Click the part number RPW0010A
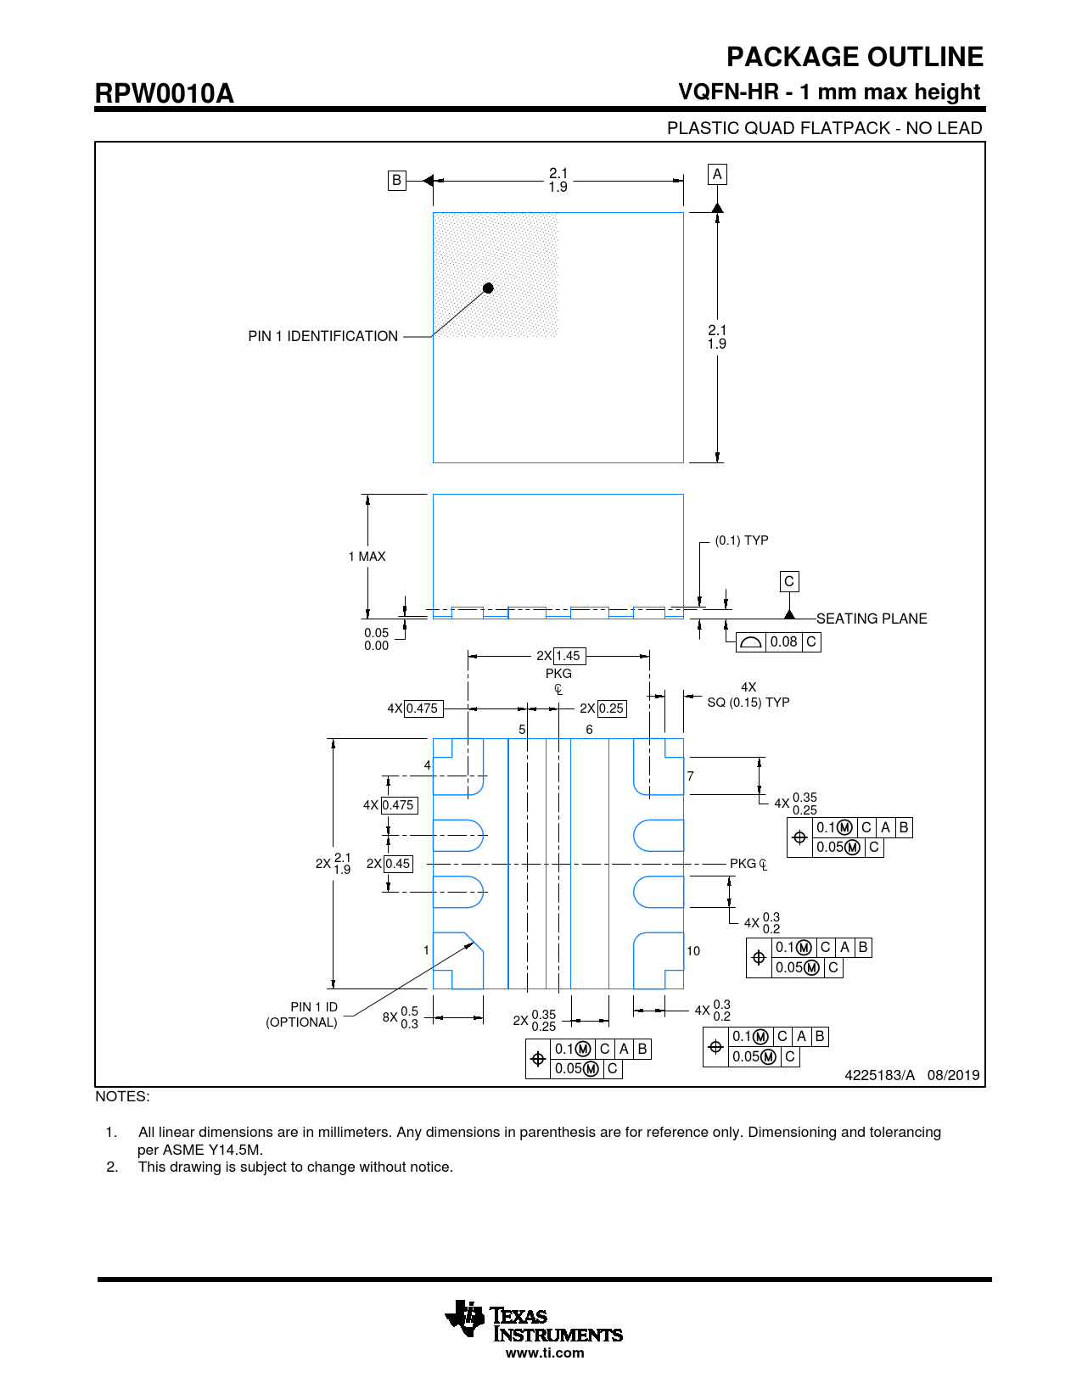pos(164,93)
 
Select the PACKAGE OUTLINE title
pos(855,57)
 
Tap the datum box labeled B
pos(396,180)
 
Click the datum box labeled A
pos(717,174)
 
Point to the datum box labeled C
pos(789,581)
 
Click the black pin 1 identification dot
pos(488,288)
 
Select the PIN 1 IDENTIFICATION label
pos(322,337)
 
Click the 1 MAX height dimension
pos(367,557)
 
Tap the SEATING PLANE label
pos(872,619)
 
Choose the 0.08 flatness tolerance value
pos(783,642)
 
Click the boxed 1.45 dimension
pos(568,656)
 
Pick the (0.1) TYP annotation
pos(741,540)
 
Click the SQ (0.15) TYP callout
pos(748,703)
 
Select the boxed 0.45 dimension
pos(397,864)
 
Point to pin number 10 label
pos(693,951)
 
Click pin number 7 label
pos(691,776)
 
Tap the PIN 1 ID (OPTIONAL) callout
pos(302,1015)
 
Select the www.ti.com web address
pos(545,1353)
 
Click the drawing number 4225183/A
pos(879,1075)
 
